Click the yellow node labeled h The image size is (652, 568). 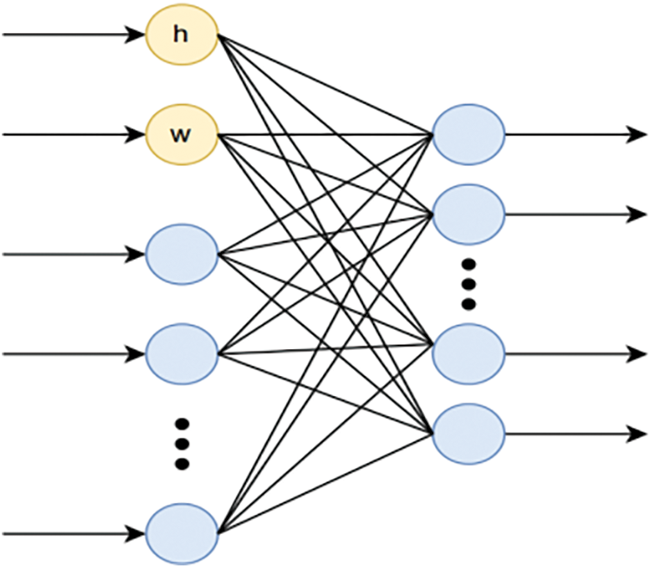click(x=181, y=35)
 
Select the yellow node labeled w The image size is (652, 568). click(x=181, y=135)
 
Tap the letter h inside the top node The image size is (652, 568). click(x=181, y=35)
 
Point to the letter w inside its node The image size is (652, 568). click(x=181, y=135)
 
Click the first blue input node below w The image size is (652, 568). click(x=181, y=254)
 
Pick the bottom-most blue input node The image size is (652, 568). click(x=181, y=532)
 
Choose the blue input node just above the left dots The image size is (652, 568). click(x=181, y=353)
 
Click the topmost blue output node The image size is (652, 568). click(x=469, y=135)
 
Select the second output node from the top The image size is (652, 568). click(x=469, y=214)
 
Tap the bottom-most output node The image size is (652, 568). click(x=469, y=433)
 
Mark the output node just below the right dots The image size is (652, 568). click(x=469, y=353)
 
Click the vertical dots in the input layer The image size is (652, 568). click(x=182, y=444)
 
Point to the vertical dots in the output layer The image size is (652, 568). click(x=469, y=283)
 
